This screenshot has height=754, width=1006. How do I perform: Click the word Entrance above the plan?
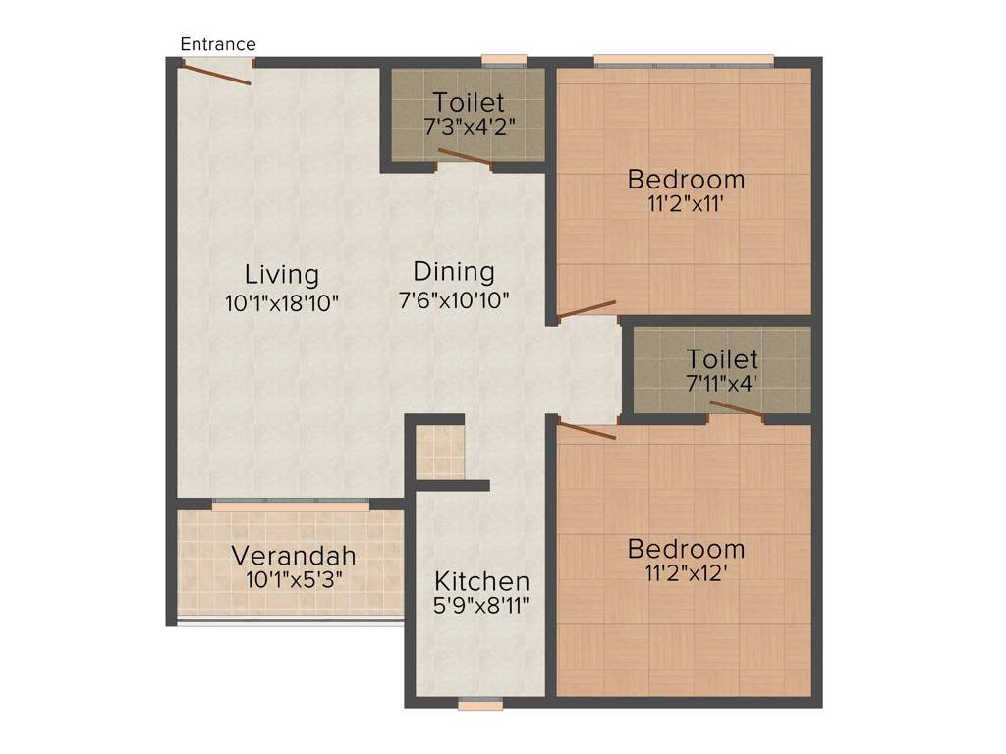pyautogui.click(x=218, y=44)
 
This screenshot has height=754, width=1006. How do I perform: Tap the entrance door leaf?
pyautogui.click(x=217, y=73)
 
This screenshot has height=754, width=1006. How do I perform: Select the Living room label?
pyautogui.click(x=282, y=274)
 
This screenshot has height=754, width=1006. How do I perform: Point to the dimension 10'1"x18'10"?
pyautogui.click(x=282, y=303)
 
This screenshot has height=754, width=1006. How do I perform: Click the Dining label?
pyautogui.click(x=454, y=271)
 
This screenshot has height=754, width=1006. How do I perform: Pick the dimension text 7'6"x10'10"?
pyautogui.click(x=454, y=299)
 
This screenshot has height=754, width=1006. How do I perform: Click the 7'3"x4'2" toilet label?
pyautogui.click(x=470, y=102)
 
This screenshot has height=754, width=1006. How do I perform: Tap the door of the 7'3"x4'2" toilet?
pyautogui.click(x=465, y=158)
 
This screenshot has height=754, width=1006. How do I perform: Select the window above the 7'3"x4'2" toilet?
pyautogui.click(x=504, y=61)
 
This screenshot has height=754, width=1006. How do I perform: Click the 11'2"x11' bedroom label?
pyautogui.click(x=686, y=180)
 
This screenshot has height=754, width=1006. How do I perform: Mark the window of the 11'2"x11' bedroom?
pyautogui.click(x=684, y=62)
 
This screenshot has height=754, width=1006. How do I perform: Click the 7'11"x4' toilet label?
pyautogui.click(x=722, y=358)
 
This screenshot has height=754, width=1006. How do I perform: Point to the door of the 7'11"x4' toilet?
pyautogui.click(x=737, y=409)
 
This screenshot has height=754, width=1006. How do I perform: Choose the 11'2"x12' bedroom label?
pyautogui.click(x=686, y=548)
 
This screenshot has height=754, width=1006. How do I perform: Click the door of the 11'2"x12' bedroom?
pyautogui.click(x=587, y=430)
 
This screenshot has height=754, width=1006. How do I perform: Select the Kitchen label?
pyautogui.click(x=481, y=580)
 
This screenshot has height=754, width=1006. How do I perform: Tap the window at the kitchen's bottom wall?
pyautogui.click(x=481, y=704)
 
